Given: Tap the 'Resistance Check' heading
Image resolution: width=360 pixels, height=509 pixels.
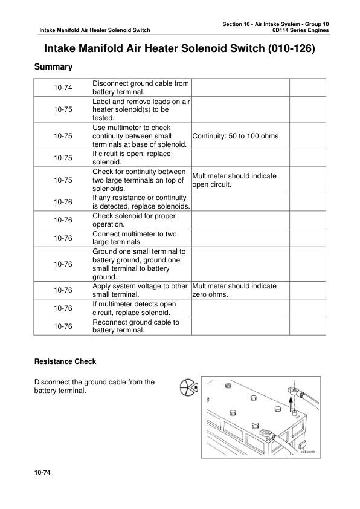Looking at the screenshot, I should pos(65,361).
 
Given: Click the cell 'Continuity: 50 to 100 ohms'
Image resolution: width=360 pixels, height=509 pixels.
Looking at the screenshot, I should pos(235,136).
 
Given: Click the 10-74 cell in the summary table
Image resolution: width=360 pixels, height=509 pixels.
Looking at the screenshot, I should pos(63,88).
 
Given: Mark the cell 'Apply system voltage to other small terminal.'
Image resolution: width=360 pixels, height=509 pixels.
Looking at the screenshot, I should pos(140,290).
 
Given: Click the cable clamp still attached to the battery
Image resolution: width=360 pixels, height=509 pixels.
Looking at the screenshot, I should pos(266,433).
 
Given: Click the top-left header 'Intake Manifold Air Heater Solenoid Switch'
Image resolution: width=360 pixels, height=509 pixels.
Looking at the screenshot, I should pos(94,30).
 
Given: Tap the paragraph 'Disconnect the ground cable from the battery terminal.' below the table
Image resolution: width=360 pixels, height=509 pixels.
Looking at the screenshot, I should pos(95,386).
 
